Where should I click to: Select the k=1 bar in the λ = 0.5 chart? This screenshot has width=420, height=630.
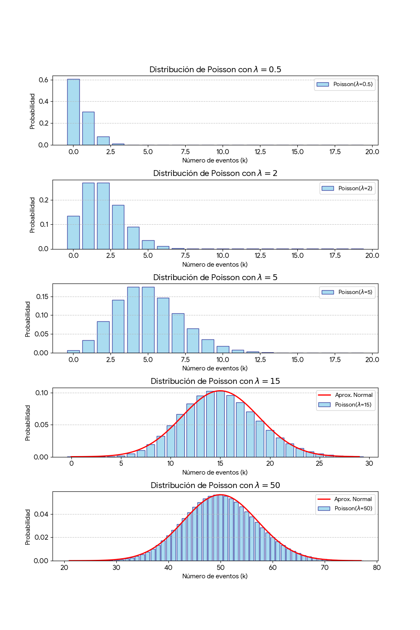pos(88,129)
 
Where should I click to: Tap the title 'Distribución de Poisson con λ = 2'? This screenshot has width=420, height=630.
pos(215,173)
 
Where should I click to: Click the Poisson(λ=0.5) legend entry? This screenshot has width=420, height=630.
pos(345,84)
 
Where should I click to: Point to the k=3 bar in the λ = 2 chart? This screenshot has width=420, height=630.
pos(118,227)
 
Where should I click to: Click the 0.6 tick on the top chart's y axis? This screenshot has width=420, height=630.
pos(43,80)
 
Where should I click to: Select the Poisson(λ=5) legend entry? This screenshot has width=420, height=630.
pos(347,292)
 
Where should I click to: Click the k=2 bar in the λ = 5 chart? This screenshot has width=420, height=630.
pos(103,337)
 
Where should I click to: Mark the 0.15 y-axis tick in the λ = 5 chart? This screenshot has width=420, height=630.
pos(42,297)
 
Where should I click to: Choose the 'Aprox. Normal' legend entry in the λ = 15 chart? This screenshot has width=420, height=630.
pos(346,395)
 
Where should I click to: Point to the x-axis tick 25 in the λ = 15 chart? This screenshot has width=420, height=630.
pos(320,463)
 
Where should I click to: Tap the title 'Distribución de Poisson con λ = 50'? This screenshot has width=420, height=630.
pos(215,486)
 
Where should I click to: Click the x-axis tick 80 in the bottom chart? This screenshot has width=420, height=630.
pos(377,567)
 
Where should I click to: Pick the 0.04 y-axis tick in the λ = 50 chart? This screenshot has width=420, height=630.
pos(41,514)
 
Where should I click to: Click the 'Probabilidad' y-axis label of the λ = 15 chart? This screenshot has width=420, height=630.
pos(28,423)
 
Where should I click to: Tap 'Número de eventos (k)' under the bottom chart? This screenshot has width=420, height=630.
pos(215,576)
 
